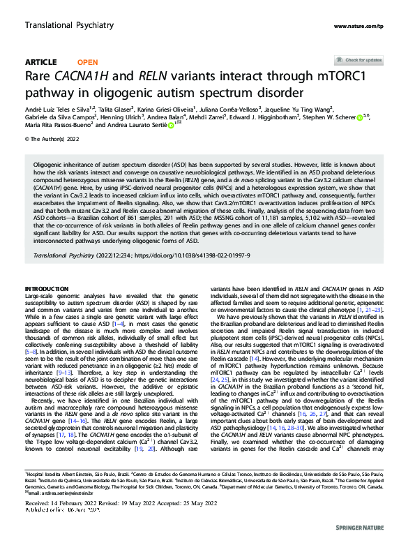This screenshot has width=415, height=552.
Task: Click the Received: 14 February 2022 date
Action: coord(67,522)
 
